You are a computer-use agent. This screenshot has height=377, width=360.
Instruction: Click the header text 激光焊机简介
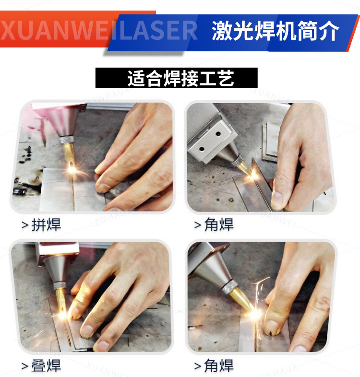(x=275, y=31)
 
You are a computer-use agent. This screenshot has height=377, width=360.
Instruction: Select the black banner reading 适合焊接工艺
(x=176, y=78)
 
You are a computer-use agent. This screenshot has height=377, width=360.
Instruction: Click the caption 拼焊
(x=46, y=225)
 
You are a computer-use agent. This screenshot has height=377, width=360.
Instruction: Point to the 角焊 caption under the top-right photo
(x=219, y=225)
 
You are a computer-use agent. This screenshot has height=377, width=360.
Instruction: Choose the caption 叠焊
(x=46, y=366)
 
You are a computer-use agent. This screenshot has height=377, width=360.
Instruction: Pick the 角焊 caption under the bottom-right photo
(x=219, y=366)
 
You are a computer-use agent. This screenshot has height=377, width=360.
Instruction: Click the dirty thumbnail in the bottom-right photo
(x=272, y=328)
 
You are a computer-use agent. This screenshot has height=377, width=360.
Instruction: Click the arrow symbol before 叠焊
(x=24, y=367)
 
